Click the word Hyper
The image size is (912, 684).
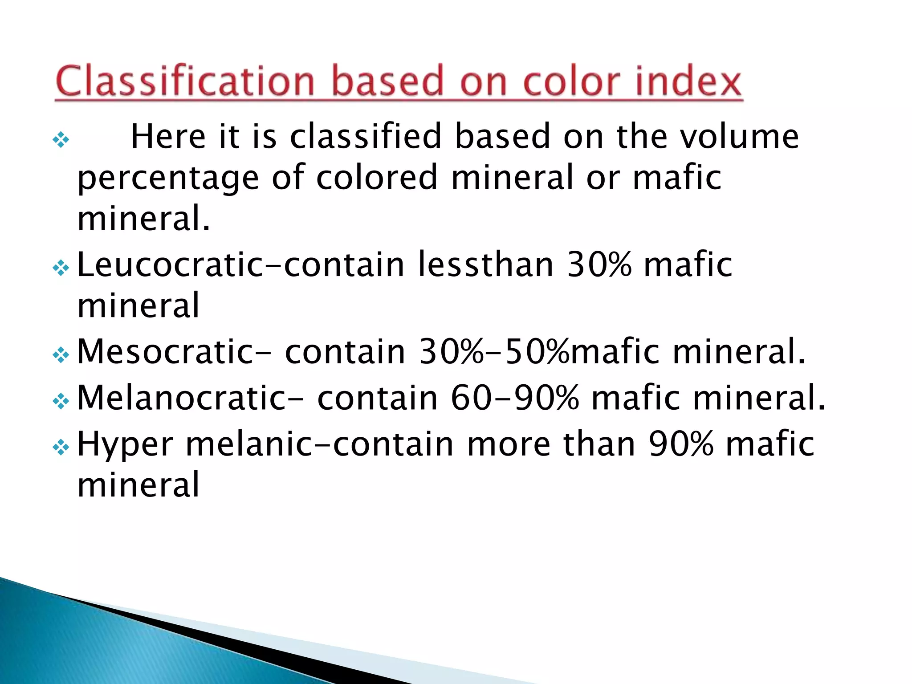125,444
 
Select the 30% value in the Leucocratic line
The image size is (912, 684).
599,265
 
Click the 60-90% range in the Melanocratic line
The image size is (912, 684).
514,398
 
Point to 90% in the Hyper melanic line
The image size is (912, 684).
681,444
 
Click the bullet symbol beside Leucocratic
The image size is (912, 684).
61,268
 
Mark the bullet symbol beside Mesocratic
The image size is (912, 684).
61,355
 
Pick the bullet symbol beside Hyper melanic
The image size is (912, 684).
61,448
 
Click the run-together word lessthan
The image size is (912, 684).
486,265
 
